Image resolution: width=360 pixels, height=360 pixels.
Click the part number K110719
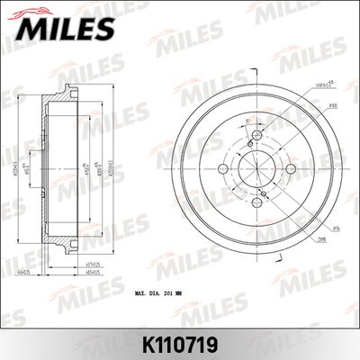[x=180, y=344]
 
